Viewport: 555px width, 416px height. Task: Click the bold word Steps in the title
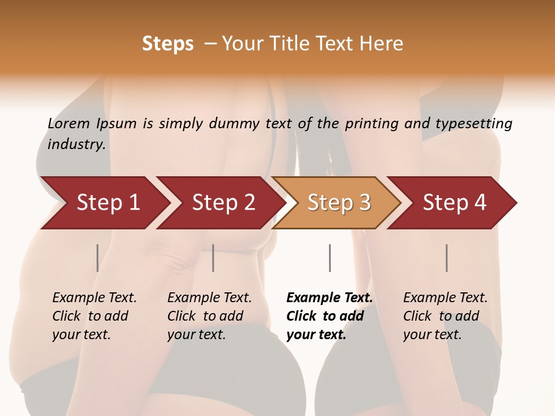click(168, 44)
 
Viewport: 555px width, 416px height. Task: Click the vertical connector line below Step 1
click(98, 258)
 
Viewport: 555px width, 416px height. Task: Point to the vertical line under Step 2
click(213, 258)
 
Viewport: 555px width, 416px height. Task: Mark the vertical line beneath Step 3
click(330, 258)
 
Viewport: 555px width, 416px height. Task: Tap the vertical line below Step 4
click(446, 258)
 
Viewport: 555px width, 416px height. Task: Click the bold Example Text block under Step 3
click(329, 316)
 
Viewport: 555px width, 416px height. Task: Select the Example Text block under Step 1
click(94, 316)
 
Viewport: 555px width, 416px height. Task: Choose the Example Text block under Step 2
click(209, 316)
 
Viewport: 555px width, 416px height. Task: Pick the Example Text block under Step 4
click(445, 316)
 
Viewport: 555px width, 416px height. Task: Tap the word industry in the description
click(76, 144)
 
